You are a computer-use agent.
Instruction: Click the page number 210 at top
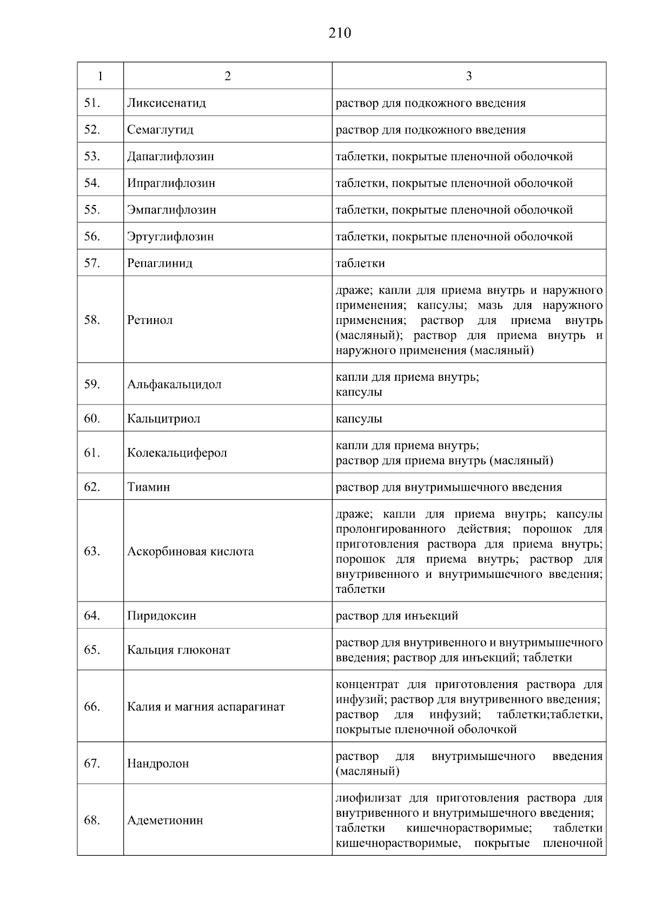[340, 34]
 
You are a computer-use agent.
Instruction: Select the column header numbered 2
[227, 76]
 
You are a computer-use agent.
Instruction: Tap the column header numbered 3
[468, 76]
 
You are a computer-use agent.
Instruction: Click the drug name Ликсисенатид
[167, 103]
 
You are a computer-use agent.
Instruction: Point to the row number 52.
[92, 129]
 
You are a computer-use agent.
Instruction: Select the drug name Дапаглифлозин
[170, 156]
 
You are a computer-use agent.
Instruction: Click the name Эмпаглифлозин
[171, 209]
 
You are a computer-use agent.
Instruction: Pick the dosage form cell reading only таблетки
[360, 263]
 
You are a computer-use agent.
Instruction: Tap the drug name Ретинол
[150, 320]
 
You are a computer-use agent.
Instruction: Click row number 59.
[92, 384]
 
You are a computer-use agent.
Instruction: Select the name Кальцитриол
[163, 419]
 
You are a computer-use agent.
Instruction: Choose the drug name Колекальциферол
[177, 453]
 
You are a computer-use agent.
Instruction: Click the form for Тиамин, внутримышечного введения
[448, 487]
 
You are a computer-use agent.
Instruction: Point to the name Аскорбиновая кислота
[190, 552]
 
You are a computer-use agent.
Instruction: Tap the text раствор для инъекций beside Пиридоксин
[397, 616]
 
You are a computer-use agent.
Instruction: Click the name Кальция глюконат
[178, 650]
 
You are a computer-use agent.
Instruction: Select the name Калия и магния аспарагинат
[206, 706]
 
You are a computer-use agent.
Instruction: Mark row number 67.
[92, 763]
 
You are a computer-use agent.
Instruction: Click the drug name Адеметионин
[165, 820]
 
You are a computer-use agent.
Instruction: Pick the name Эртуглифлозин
[170, 236]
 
